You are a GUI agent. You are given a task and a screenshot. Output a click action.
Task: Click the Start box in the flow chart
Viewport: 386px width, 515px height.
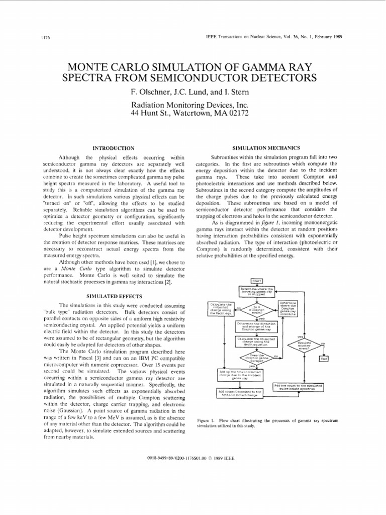click(x=256, y=281)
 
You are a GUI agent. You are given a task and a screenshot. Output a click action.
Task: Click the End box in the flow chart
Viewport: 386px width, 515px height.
click(x=324, y=359)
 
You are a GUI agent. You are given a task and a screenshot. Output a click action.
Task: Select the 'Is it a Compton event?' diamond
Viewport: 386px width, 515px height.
click(x=256, y=309)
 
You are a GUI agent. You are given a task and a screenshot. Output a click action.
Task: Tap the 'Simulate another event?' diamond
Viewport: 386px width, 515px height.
click(x=305, y=345)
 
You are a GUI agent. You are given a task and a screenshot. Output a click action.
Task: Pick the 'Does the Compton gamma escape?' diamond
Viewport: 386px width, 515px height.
click(x=256, y=358)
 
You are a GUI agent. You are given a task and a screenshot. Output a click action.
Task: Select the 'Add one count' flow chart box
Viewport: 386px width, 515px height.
click(x=298, y=387)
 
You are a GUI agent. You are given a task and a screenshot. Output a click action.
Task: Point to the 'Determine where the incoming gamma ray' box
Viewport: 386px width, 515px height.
click(x=256, y=291)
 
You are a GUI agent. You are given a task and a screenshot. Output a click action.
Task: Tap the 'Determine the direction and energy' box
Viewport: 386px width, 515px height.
click(x=256, y=326)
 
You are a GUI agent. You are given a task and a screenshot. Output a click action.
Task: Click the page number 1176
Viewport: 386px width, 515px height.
click(x=36, y=38)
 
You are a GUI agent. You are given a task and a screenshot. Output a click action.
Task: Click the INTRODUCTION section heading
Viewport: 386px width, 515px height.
click(x=114, y=148)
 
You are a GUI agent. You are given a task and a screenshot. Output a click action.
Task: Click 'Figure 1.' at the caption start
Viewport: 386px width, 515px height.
click(x=206, y=420)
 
